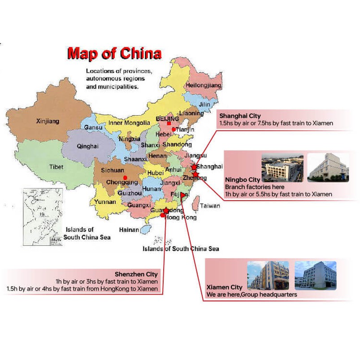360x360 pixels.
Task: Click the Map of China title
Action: [114, 53]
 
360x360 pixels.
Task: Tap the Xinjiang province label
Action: [48, 121]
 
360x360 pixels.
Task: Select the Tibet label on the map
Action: [56, 167]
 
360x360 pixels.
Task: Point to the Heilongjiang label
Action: [204, 85]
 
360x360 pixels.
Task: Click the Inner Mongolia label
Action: [129, 123]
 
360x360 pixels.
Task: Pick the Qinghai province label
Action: [86, 146]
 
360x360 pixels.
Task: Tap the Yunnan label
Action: [105, 202]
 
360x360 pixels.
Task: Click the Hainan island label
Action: [129, 230]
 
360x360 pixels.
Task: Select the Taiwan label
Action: [210, 206]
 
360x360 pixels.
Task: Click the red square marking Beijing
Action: [169, 123]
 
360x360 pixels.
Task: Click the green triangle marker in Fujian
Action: [182, 195]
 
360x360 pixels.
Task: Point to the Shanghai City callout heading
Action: [240, 116]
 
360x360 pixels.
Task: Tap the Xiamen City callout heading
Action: [224, 287]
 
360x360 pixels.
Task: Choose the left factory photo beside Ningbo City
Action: [282, 169]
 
